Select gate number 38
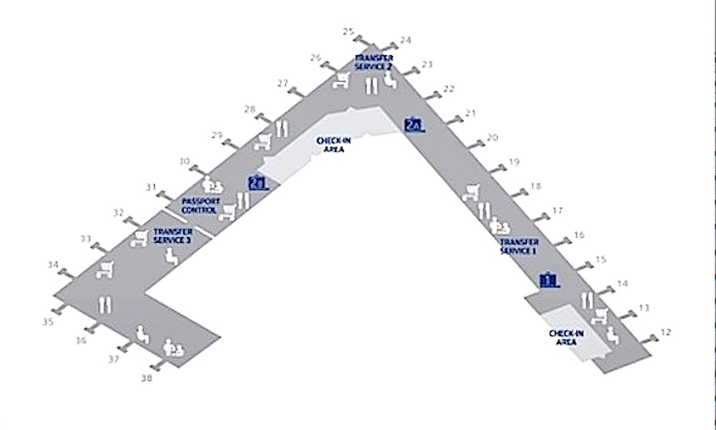point(147,376)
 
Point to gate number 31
point(151,188)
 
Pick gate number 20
point(492,138)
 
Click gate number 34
point(53,264)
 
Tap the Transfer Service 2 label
point(373,62)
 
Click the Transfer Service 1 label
point(518,247)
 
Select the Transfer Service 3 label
point(173,236)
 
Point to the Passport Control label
point(200,206)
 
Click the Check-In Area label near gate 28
point(334,145)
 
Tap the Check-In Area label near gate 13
point(566,338)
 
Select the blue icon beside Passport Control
point(257,182)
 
